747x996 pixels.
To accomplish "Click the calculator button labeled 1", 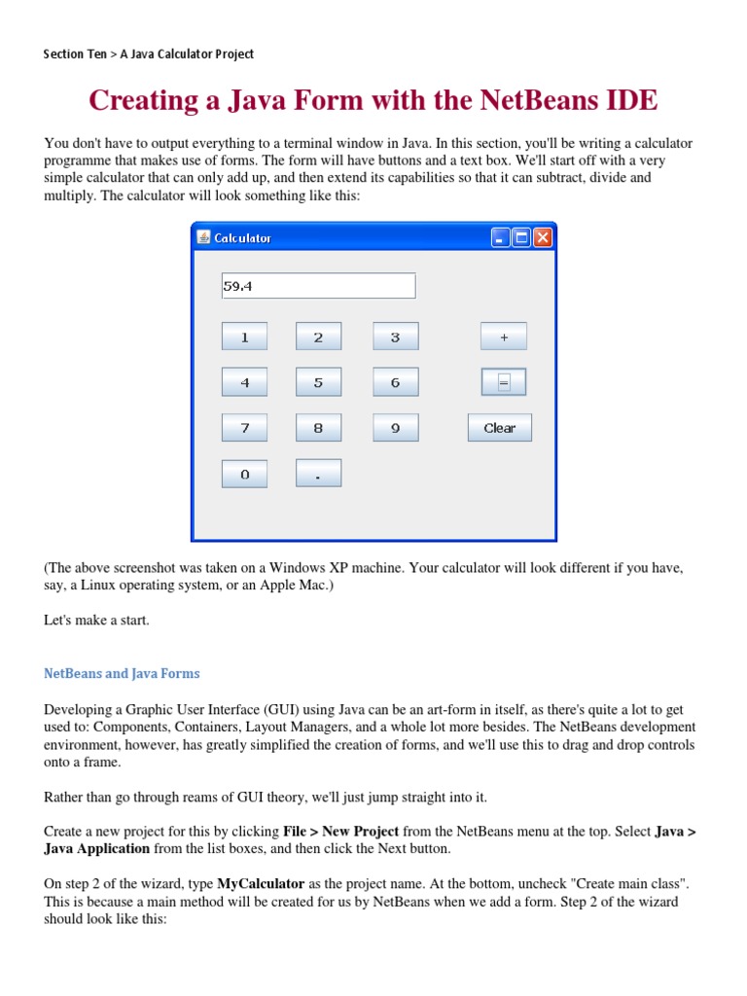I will pyautogui.click(x=244, y=338).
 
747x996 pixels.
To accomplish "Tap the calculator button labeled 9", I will pyautogui.click(x=395, y=428).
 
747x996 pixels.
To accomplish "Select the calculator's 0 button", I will pyautogui.click(x=244, y=474).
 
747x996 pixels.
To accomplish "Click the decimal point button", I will pyautogui.click(x=318, y=474).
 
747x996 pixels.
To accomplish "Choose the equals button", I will pyautogui.click(x=503, y=382).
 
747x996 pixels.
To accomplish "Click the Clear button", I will pyautogui.click(x=499, y=428).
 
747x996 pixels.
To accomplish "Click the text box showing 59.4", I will pyautogui.click(x=318, y=286).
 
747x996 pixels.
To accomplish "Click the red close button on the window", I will pyautogui.click(x=542, y=237).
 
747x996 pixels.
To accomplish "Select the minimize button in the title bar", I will pyautogui.click(x=501, y=237).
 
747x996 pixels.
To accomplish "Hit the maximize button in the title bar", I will pyautogui.click(x=521, y=237).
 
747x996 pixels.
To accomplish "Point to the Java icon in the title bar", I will pyautogui.click(x=203, y=237).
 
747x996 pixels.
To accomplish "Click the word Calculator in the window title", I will pyautogui.click(x=242, y=238).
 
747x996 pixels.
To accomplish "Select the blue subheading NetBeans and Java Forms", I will pyautogui.click(x=122, y=673).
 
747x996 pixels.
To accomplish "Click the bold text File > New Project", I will pyautogui.click(x=340, y=832).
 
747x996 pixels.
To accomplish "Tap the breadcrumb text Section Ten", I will pyautogui.click(x=75, y=54).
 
